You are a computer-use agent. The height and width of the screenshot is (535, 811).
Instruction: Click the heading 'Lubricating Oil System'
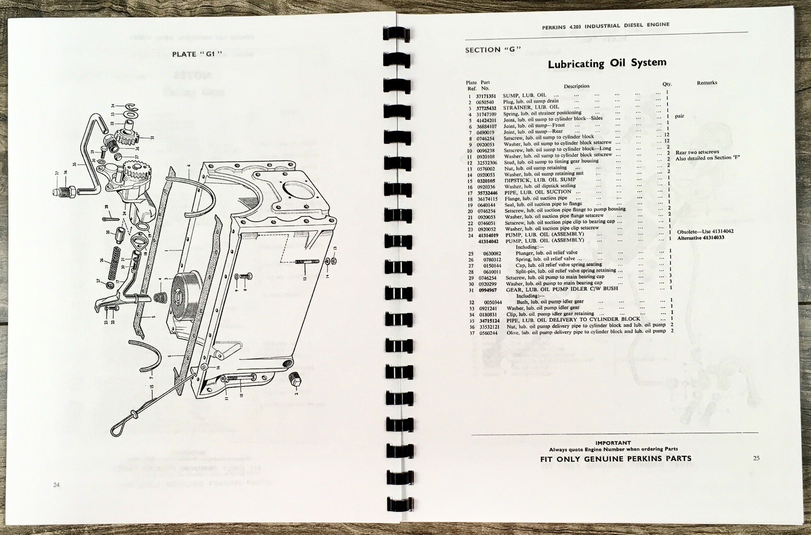(607, 63)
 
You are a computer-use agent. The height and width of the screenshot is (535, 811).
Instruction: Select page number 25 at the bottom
(756, 458)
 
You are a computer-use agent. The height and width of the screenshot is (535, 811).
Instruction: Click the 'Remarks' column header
(707, 83)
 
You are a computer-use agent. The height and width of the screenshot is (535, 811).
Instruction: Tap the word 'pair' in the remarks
(679, 116)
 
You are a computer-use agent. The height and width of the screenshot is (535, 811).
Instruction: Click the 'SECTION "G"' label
(494, 50)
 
